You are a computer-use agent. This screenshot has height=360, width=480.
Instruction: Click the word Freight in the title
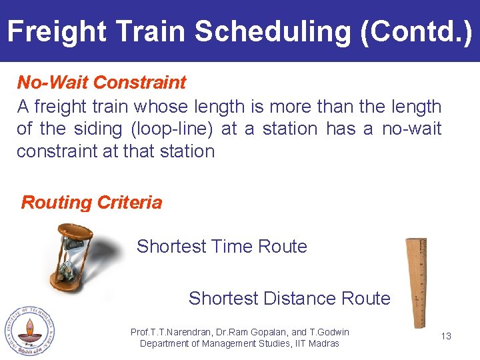tap(57, 31)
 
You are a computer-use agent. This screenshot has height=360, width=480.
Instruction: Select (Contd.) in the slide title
tap(415, 31)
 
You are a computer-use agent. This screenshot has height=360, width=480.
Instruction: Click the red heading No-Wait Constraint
tap(101, 83)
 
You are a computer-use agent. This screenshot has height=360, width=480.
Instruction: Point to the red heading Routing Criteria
tap(91, 203)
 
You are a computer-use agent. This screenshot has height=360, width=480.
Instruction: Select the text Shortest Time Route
tap(221, 247)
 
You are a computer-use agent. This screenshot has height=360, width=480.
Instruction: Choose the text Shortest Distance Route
tap(289, 298)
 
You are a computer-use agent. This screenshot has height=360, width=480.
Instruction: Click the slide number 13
tap(446, 336)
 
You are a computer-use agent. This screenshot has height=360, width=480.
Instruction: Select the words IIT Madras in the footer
tap(315, 343)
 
